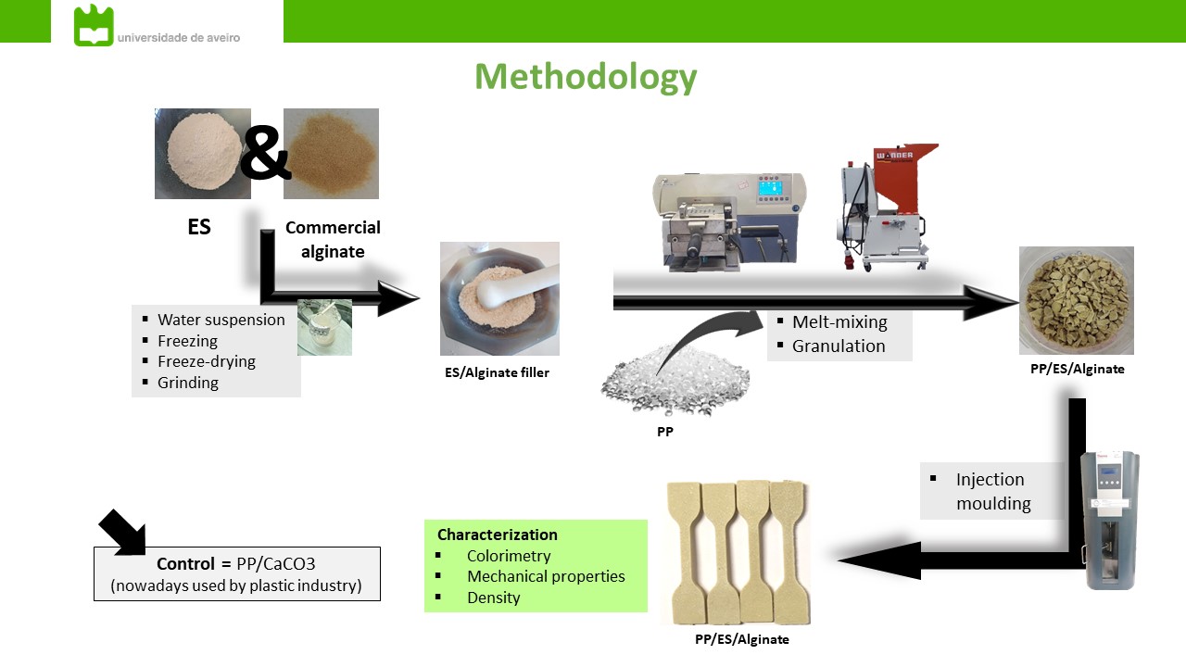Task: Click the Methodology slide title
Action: (x=586, y=76)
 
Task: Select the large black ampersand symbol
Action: (x=265, y=155)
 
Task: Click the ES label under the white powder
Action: (x=199, y=227)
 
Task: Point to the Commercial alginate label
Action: (x=333, y=239)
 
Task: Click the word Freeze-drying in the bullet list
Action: (x=207, y=361)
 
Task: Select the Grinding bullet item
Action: (x=188, y=383)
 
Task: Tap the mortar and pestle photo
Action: (x=499, y=298)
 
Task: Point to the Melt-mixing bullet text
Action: (x=839, y=322)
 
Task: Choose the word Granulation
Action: (x=839, y=346)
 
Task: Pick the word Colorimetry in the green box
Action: (x=509, y=556)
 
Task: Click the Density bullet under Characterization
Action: (x=493, y=598)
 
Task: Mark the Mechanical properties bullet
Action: (x=546, y=576)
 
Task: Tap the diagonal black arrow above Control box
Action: (x=122, y=531)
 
